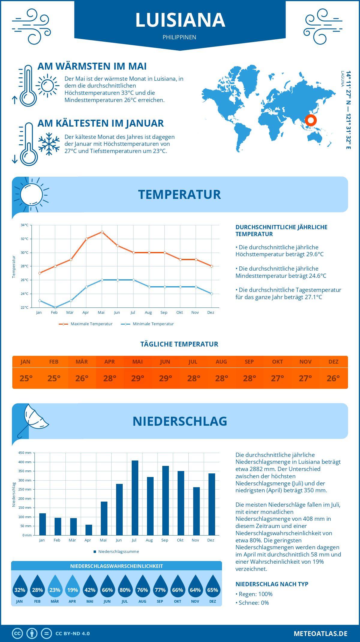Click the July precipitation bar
[x=135, y=498]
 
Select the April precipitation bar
[x=89, y=530]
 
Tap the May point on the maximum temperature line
[x=102, y=232]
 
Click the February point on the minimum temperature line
[x=55, y=307]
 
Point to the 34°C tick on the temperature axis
[x=25, y=225]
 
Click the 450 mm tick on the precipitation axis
[x=25, y=453]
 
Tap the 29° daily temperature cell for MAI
[x=138, y=378]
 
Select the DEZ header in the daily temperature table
[x=333, y=362]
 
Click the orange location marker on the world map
[x=311, y=120]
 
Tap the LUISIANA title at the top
[x=180, y=20]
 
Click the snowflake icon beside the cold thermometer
[x=49, y=144]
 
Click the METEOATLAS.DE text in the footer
[x=320, y=634]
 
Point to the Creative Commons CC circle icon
[x=17, y=634]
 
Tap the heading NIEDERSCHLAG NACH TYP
[x=272, y=584]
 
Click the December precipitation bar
[x=212, y=504]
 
